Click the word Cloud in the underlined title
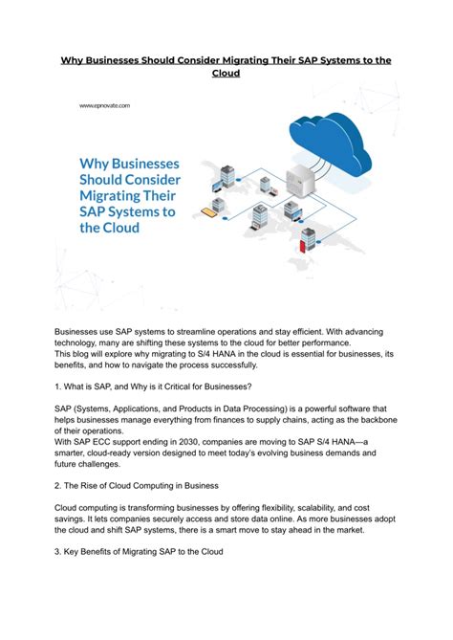pos(226,75)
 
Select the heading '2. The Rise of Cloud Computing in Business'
pos(138,485)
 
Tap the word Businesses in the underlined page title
pos(115,60)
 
